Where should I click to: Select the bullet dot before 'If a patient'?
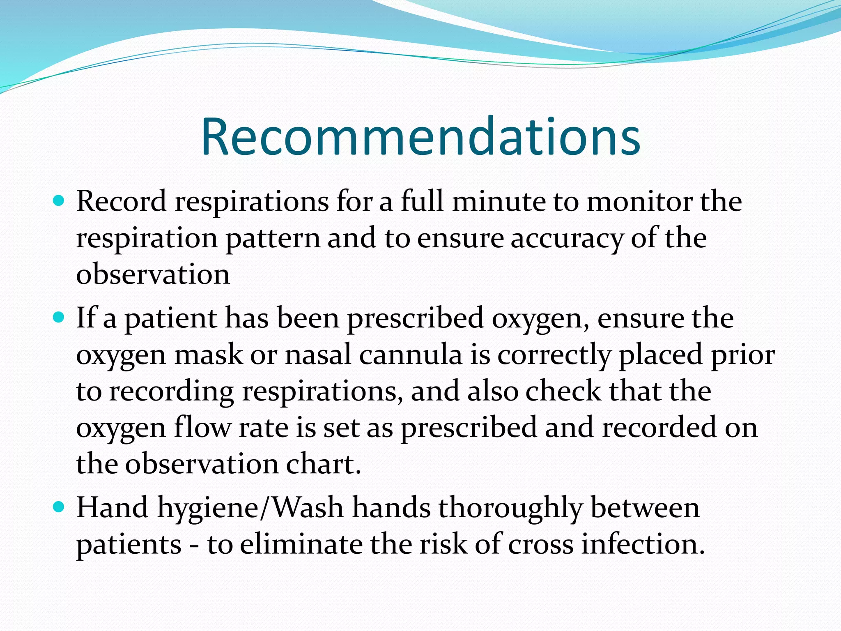pyautogui.click(x=59, y=318)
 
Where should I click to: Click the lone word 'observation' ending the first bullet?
pyautogui.click(x=153, y=274)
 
